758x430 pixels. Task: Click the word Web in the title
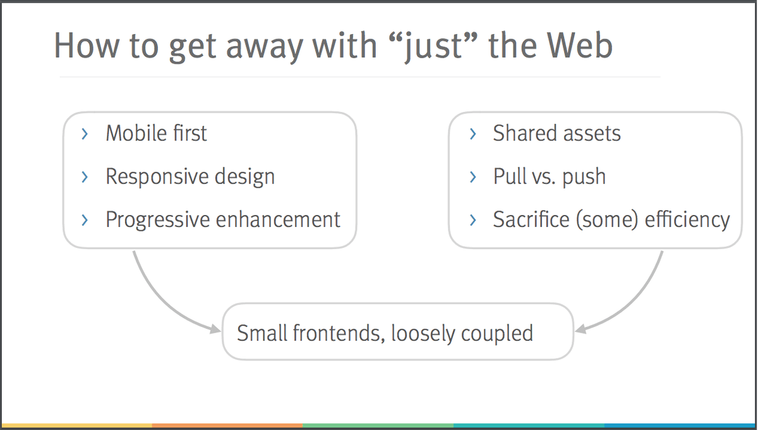point(580,46)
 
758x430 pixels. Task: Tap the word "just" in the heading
point(433,47)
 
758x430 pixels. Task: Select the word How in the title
point(87,46)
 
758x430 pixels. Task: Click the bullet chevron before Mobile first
point(85,134)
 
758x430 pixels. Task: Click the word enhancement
point(278,219)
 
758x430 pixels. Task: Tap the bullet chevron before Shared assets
point(473,134)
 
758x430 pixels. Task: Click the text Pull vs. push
point(549,177)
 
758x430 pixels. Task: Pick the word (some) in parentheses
point(607,219)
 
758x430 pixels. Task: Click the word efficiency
point(687,220)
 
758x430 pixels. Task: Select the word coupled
point(497,334)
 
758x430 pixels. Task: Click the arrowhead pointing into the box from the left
point(215,329)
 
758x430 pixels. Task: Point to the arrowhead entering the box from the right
point(580,329)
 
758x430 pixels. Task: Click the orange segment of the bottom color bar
point(227,425)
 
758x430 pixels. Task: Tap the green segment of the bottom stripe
point(378,425)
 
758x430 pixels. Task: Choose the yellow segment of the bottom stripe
point(76,425)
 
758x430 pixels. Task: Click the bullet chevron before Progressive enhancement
point(85,220)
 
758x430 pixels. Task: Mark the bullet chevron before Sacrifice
point(473,220)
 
